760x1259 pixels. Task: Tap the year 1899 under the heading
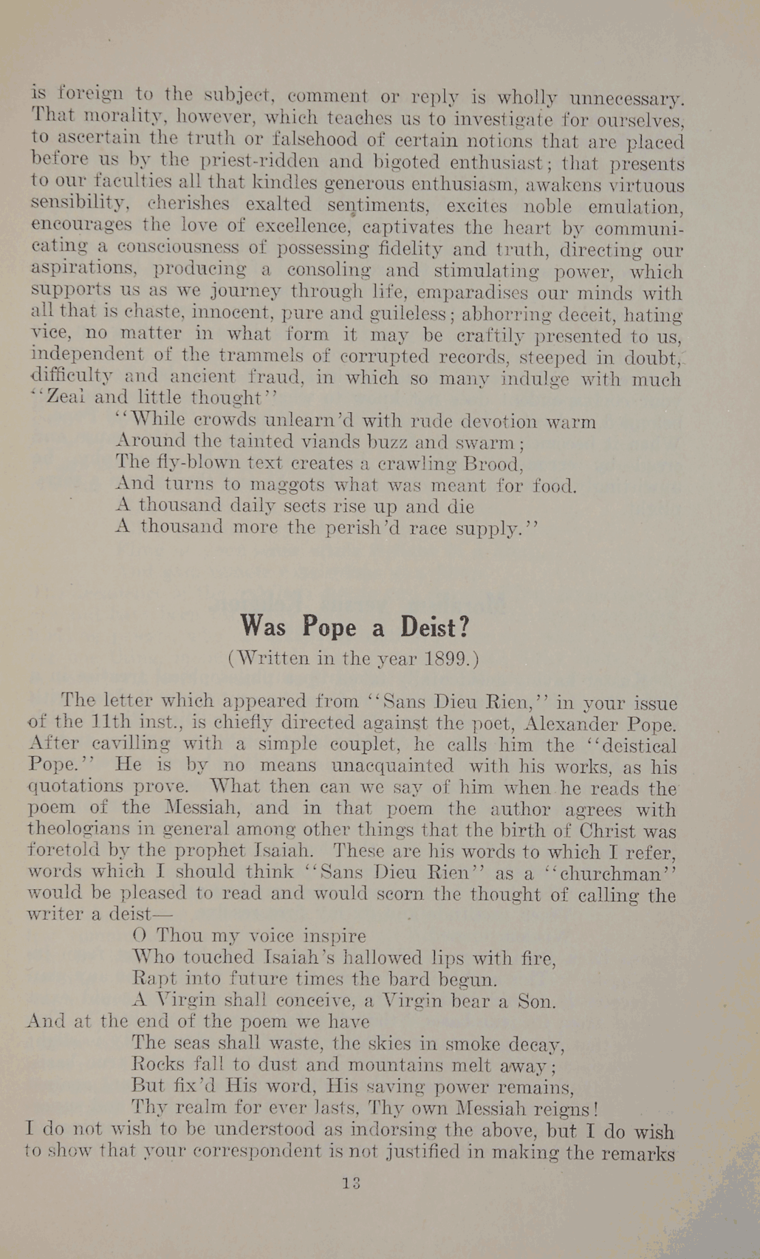coord(446,659)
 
